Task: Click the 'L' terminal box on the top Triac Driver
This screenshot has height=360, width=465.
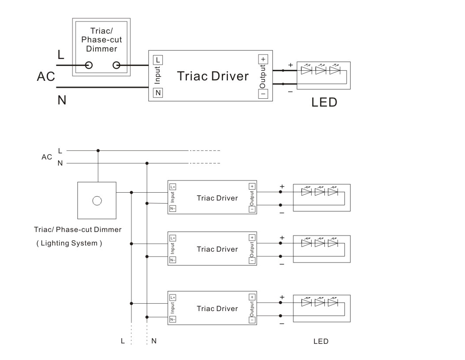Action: (x=158, y=59)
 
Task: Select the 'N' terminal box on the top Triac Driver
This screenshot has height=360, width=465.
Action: (x=158, y=93)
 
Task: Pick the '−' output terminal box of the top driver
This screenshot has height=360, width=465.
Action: (x=263, y=93)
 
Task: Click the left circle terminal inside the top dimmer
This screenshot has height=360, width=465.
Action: (x=89, y=66)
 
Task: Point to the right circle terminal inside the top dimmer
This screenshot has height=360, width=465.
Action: (x=117, y=66)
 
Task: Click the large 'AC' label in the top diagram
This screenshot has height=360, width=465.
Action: (x=46, y=77)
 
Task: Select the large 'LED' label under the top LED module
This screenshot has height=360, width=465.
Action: (x=324, y=103)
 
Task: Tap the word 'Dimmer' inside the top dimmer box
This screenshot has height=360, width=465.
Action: (x=101, y=48)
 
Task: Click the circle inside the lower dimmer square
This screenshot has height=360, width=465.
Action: (x=97, y=201)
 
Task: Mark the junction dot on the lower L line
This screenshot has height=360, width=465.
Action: (x=98, y=150)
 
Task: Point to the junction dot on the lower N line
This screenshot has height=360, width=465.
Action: (x=147, y=163)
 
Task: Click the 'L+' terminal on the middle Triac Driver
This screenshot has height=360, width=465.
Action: (x=173, y=238)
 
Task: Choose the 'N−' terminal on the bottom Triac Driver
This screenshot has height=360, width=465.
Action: (x=173, y=319)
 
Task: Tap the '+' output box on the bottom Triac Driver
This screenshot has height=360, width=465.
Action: (x=252, y=297)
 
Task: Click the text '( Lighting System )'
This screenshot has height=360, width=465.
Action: (x=69, y=243)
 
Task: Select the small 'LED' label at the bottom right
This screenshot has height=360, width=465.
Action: (x=321, y=341)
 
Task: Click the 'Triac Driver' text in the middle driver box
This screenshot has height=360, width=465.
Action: (x=217, y=249)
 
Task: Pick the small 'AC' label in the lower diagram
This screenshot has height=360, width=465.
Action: (x=47, y=157)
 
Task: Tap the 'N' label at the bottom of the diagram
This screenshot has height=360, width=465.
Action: (x=154, y=341)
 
